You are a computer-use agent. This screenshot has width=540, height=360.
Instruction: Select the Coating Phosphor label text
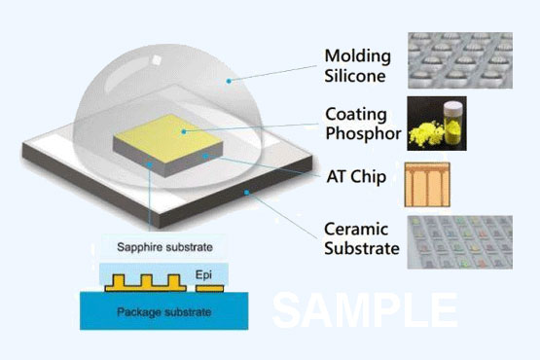[x=362, y=126]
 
